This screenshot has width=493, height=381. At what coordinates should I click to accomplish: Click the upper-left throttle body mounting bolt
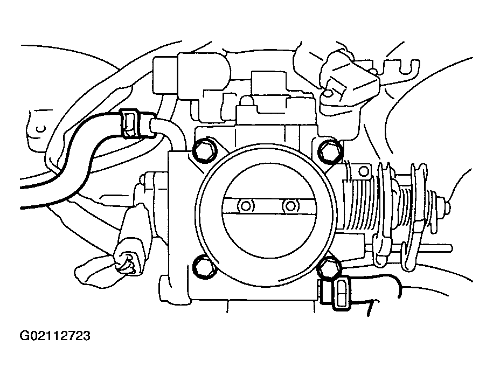click(204, 151)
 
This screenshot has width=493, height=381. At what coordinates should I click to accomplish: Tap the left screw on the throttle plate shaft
click(246, 205)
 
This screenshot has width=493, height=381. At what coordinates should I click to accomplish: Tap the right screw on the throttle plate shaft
click(291, 205)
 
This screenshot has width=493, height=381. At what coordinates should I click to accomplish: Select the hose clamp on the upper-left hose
click(131, 124)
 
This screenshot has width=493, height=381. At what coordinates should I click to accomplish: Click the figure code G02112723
click(55, 337)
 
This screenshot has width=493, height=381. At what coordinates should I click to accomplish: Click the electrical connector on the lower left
click(129, 253)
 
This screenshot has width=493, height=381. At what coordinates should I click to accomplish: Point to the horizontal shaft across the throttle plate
click(268, 205)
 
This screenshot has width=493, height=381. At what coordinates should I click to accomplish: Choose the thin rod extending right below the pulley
click(431, 248)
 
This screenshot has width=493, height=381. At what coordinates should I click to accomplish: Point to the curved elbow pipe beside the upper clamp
click(167, 132)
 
